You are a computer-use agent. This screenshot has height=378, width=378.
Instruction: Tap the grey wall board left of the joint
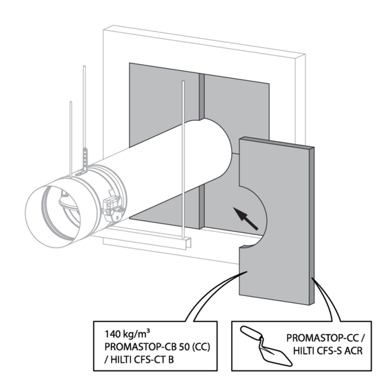[x=157, y=101]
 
